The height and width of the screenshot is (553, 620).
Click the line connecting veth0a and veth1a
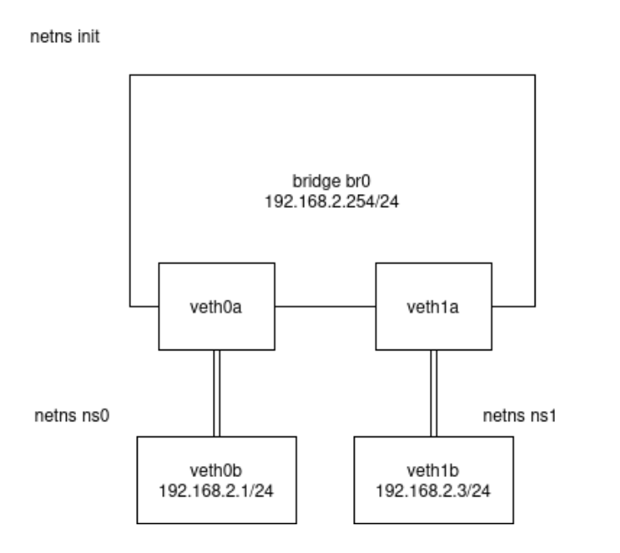point(326,305)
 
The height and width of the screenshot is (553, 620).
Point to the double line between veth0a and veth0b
point(217,392)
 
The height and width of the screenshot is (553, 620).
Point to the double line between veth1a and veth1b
point(435,392)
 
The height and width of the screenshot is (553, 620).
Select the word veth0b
point(217,470)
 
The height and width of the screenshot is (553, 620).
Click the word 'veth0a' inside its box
point(217,305)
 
